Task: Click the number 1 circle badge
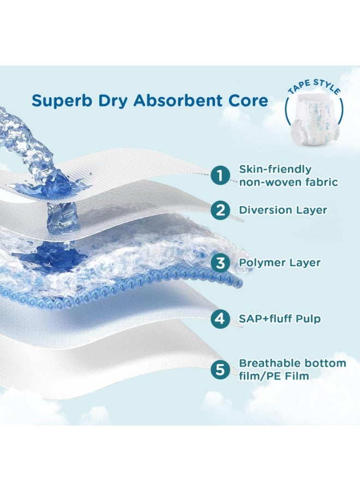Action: point(220,176)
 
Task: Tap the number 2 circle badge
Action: point(220,210)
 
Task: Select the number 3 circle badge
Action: point(220,263)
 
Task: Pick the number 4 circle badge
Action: point(220,319)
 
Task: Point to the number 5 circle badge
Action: point(220,369)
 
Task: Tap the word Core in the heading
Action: point(250,101)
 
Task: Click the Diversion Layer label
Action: point(283,210)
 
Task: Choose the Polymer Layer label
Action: point(280,262)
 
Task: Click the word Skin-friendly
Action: point(275,169)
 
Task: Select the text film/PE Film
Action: point(274,376)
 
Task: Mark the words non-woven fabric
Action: point(289,182)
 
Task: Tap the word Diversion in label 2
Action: point(263,210)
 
